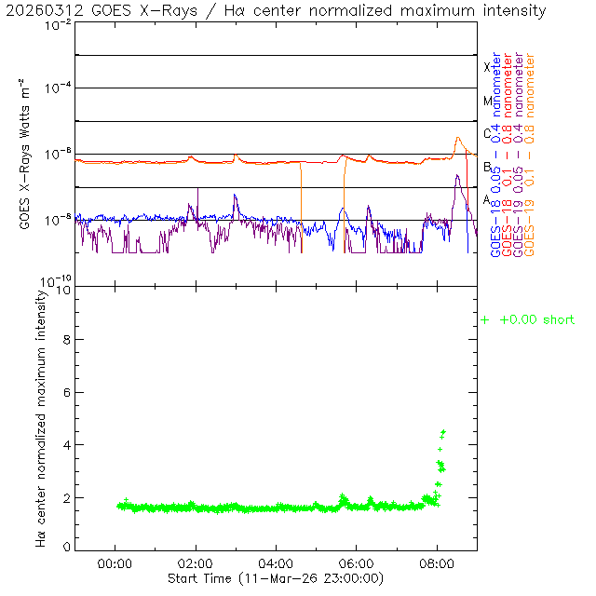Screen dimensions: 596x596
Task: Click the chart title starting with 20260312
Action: pos(277,10)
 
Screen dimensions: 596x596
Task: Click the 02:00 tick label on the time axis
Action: pos(196,563)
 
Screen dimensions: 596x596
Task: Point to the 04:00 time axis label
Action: pos(276,563)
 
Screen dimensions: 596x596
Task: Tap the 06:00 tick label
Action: pos(357,563)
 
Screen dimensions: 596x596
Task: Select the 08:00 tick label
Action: pos(437,563)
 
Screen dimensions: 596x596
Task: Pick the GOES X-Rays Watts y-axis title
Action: pos(25,155)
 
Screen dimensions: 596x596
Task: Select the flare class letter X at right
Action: pos(486,67)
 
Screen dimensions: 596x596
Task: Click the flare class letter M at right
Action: pos(487,101)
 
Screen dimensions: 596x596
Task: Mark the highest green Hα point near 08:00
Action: pos(443,432)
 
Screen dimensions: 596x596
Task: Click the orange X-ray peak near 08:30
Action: pos(458,139)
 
